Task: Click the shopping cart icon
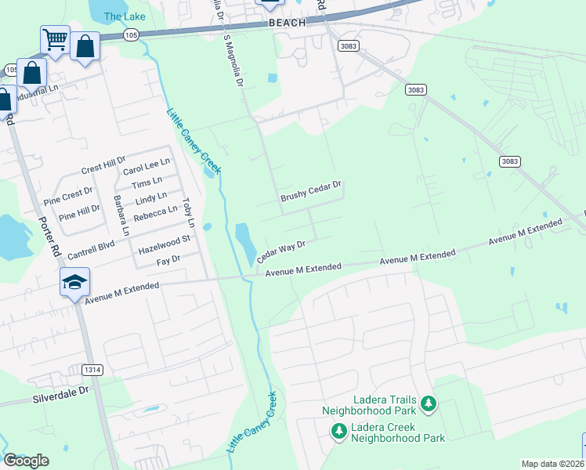tap(55, 39)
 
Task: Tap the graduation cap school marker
tap(74, 281)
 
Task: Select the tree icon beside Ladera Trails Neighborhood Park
tap(428, 403)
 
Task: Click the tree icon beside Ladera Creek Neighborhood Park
tap(338, 431)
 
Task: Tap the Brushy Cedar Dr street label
tap(312, 193)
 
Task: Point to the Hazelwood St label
tap(164, 244)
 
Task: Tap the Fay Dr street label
tap(168, 259)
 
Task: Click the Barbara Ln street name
tap(121, 215)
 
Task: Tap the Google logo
tap(26, 460)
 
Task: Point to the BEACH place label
tap(288, 23)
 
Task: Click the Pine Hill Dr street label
tap(78, 209)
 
